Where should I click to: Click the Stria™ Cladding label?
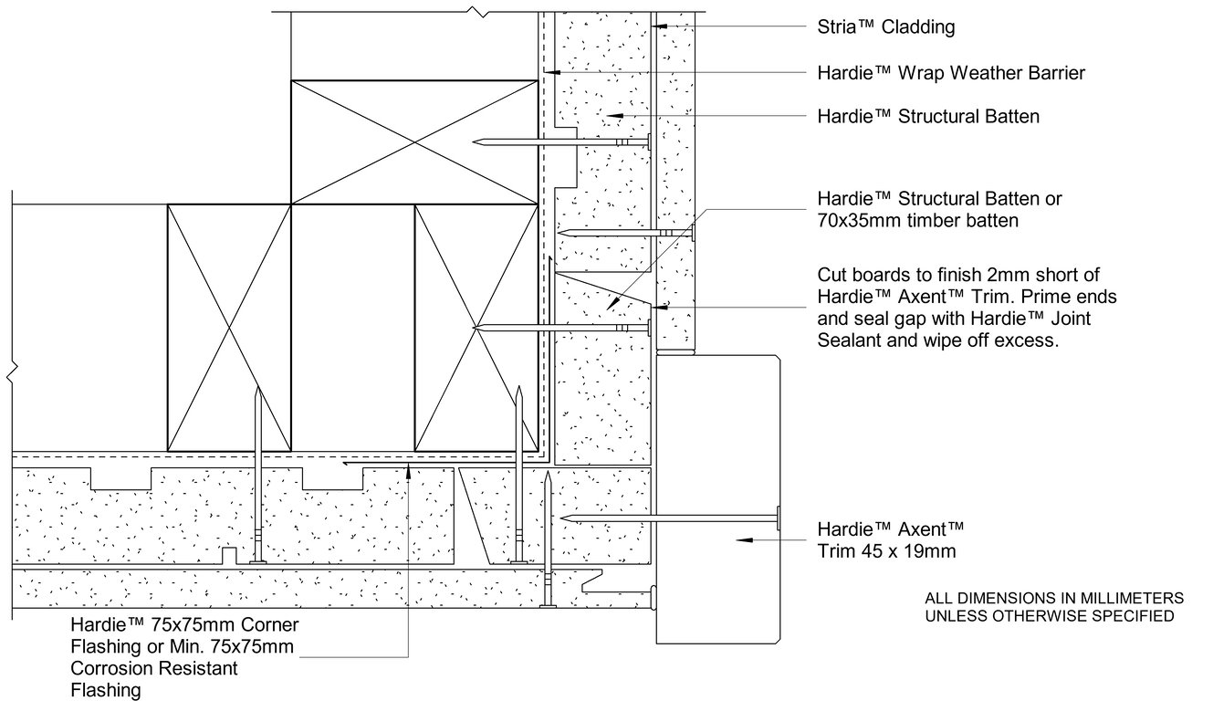pyautogui.click(x=885, y=27)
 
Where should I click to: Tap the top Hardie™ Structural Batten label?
pyautogui.click(x=928, y=117)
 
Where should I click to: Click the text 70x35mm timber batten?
pyautogui.click(x=917, y=221)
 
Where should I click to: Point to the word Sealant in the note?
pyautogui.click(x=849, y=341)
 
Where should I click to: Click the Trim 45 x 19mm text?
pyautogui.click(x=886, y=550)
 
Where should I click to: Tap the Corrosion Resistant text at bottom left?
pyautogui.click(x=154, y=668)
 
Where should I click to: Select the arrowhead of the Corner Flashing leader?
pyautogui.click(x=409, y=470)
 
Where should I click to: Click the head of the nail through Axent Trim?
pyautogui.click(x=777, y=518)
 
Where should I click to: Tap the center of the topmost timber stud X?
pyautogui.click(x=413, y=141)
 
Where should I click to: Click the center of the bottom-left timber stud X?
pyautogui.click(x=229, y=328)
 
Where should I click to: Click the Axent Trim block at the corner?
pyautogui.click(x=718, y=500)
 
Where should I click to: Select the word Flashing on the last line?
pyautogui.click(x=106, y=690)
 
